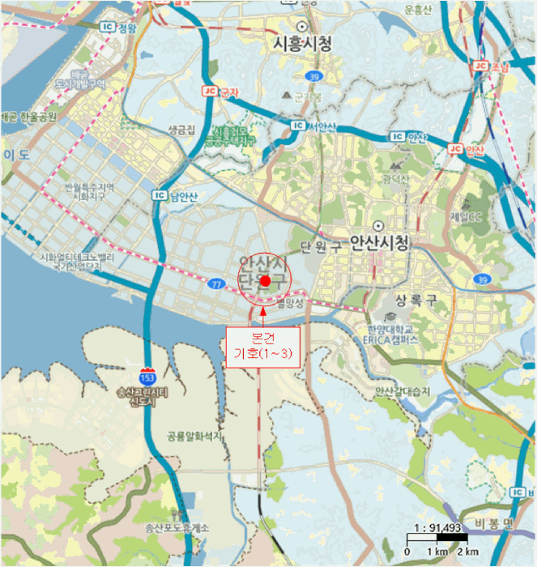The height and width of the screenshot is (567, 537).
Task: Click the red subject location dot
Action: [267, 280]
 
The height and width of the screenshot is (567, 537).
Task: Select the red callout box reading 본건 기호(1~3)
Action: [262, 347]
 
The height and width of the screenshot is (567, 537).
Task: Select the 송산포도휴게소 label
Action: [177, 528]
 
